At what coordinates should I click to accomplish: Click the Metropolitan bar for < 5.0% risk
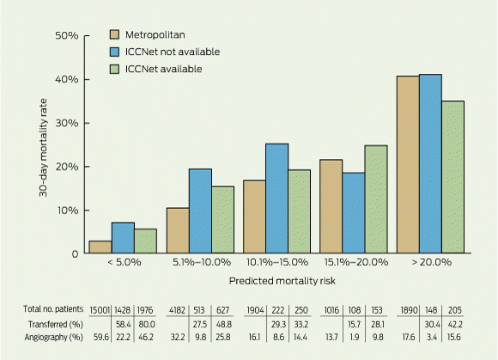(100, 247)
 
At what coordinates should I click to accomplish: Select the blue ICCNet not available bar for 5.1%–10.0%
(200, 211)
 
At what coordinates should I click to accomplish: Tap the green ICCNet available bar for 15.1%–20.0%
(376, 199)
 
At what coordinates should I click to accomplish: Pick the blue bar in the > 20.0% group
(430, 163)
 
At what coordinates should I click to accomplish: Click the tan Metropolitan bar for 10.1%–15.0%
(255, 217)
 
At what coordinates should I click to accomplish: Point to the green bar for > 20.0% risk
(452, 177)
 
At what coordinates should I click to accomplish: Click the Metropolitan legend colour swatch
(115, 34)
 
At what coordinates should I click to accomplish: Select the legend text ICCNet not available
(173, 52)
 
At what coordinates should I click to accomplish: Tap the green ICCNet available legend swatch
(115, 70)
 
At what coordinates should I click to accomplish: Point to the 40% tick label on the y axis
(67, 79)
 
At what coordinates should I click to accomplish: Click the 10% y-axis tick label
(67, 211)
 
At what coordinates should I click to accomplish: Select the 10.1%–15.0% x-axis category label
(277, 262)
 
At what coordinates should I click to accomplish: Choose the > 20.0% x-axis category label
(431, 262)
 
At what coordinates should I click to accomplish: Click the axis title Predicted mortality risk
(282, 281)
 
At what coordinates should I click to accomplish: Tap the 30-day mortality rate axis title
(43, 148)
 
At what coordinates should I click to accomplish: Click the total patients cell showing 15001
(100, 310)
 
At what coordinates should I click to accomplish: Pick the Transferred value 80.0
(147, 325)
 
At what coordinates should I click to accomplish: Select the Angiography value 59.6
(101, 337)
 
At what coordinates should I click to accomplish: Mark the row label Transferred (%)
(56, 325)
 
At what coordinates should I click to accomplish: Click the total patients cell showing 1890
(409, 310)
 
